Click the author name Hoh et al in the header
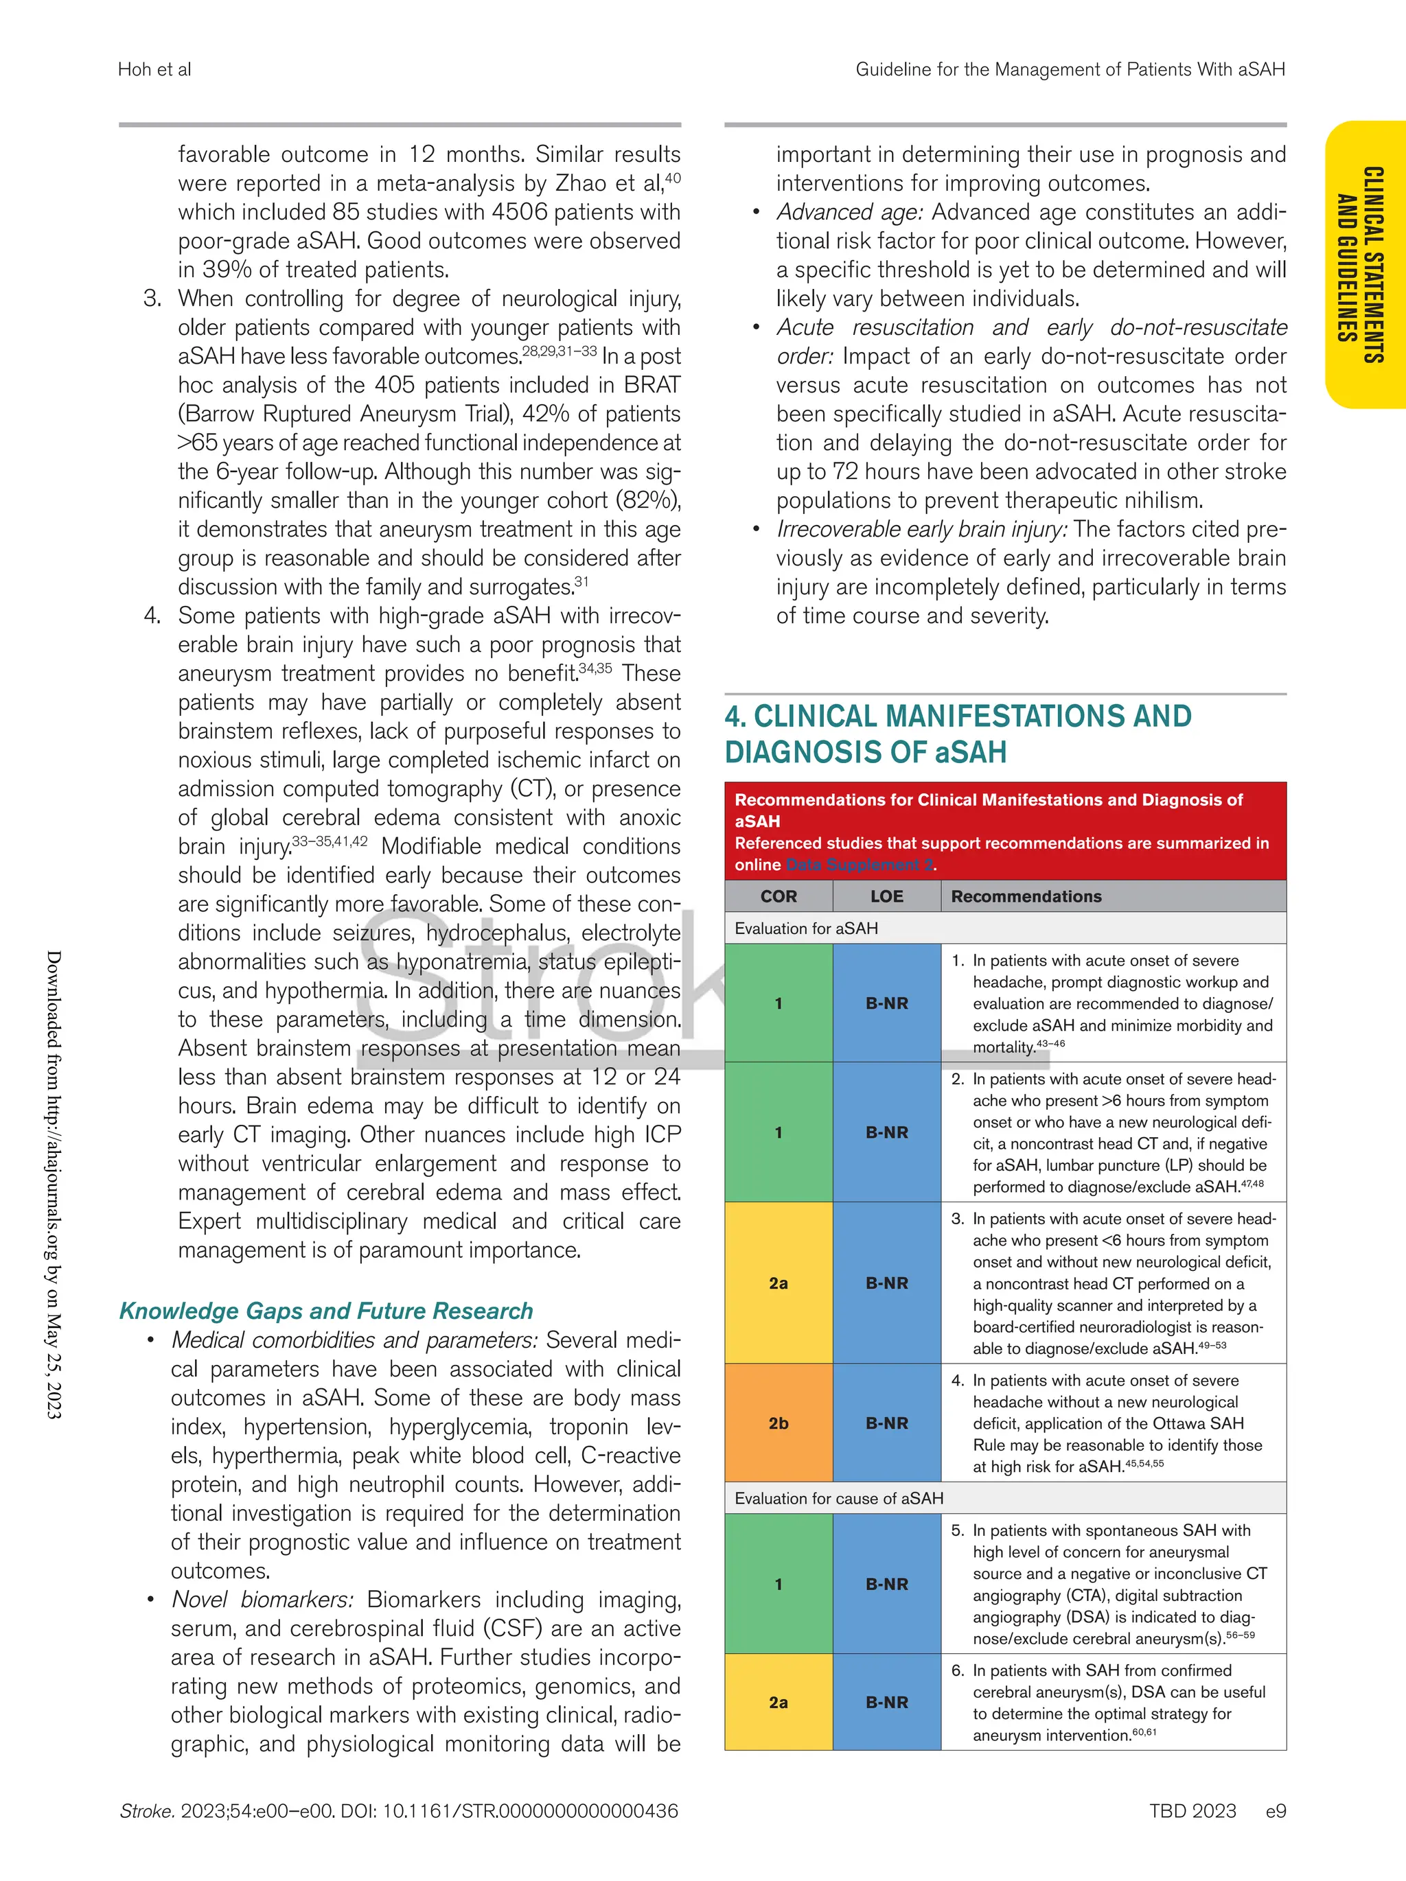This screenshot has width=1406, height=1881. [154, 70]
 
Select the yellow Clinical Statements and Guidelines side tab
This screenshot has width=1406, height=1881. [1365, 264]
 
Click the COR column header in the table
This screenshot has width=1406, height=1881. [779, 896]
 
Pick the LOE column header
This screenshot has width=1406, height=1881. [886, 896]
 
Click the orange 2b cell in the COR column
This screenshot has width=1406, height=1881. [779, 1423]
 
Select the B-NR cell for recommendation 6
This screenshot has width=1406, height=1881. [886, 1702]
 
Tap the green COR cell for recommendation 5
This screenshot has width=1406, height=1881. [779, 1583]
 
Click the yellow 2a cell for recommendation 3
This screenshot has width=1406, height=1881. [779, 1283]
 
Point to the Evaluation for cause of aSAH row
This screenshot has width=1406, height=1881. [839, 1498]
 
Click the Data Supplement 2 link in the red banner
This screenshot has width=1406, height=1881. [858, 865]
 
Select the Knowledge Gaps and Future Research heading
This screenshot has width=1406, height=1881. [326, 1311]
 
